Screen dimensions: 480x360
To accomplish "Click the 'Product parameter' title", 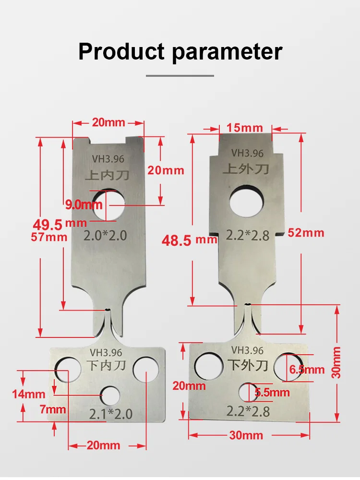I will (180, 51).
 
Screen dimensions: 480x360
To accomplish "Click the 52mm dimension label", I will (306, 233).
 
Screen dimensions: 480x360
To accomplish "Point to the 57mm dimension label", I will (49, 237).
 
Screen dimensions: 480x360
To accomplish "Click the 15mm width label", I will (245, 128).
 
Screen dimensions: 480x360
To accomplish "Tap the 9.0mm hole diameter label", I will (84, 205).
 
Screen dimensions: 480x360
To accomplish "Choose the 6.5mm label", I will (307, 370).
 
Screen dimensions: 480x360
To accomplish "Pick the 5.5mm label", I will (272, 393).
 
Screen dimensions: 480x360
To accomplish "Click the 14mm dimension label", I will (29, 395).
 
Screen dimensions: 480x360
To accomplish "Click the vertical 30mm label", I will (337, 363).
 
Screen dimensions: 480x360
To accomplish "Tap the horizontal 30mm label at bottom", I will (246, 435).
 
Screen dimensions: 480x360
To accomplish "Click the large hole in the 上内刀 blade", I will (108, 205).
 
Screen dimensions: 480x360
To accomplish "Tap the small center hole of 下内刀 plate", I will (110, 396).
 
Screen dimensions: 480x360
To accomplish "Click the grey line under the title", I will (180, 75).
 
